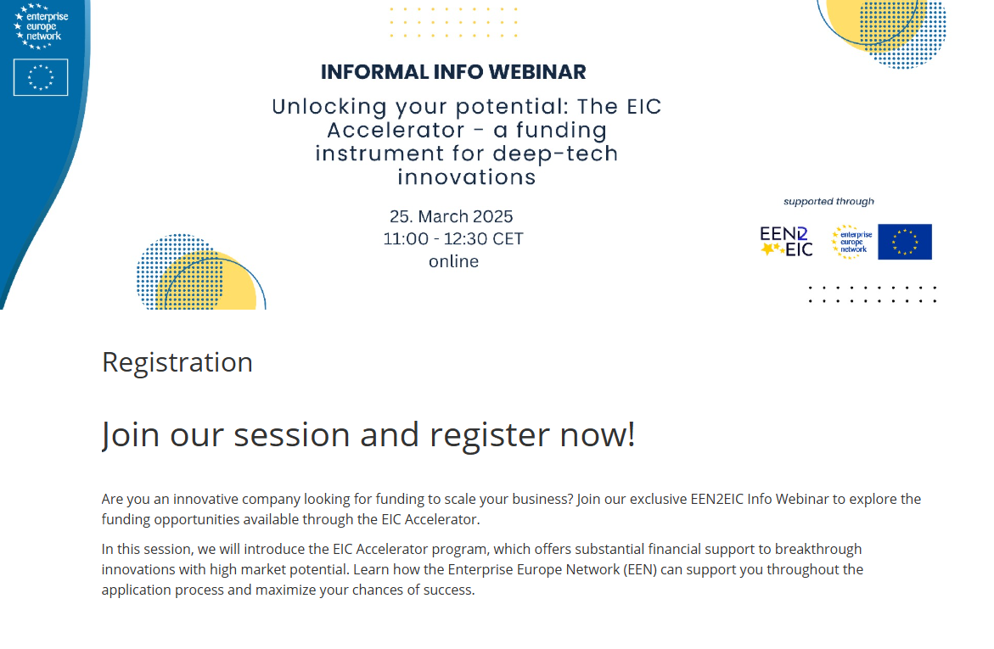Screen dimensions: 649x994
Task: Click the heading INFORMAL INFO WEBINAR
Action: pos(453,72)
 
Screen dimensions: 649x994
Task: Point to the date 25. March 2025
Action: pos(452,216)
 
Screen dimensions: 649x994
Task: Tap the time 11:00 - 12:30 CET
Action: pos(453,239)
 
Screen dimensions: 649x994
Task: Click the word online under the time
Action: pos(453,261)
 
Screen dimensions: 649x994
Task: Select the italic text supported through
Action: pos(828,202)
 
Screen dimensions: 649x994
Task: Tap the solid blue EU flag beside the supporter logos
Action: pos(904,242)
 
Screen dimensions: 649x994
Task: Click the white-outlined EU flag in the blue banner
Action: pos(41,77)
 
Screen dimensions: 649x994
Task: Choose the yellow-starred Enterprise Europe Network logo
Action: pos(851,241)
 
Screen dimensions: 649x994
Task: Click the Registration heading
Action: pos(177,362)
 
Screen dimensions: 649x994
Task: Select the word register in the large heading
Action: pos(490,434)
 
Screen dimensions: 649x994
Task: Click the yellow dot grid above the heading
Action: pos(453,23)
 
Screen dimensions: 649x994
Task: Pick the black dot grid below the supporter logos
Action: pos(872,294)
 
